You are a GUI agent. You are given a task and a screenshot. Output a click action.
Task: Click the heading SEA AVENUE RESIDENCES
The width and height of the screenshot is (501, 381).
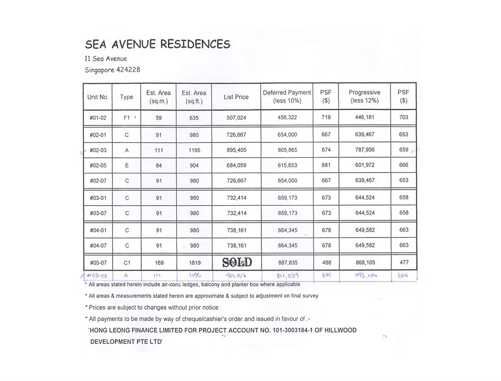coord(158,45)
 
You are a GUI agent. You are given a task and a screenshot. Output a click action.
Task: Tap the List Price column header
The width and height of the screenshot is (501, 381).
coord(236,97)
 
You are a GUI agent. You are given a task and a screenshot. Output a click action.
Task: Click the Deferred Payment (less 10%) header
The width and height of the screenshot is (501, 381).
coord(287,97)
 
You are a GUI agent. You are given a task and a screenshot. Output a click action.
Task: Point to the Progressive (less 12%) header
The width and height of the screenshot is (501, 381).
coord(364,97)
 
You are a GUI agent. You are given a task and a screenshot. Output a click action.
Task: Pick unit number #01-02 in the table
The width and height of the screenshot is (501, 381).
coord(98,117)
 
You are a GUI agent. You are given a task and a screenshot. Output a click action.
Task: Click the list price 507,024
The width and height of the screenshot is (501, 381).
coord(236,117)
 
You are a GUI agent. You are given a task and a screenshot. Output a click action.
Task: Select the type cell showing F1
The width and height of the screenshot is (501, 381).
coord(127,117)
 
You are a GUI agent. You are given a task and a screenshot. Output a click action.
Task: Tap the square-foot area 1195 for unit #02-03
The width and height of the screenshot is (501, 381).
coord(194,150)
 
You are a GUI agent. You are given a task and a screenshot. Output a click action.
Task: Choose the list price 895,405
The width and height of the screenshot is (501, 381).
coord(236,150)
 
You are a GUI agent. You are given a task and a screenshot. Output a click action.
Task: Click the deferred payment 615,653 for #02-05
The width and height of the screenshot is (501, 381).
coord(287,165)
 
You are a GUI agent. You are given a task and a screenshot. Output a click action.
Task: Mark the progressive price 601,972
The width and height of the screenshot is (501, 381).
coord(365,165)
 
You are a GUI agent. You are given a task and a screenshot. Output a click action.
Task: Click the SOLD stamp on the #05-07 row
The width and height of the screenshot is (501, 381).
coord(237,262)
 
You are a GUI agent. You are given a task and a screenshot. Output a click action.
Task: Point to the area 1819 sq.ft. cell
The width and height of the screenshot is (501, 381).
coord(194,263)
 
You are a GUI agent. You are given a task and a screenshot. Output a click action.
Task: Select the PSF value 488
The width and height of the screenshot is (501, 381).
coord(326,263)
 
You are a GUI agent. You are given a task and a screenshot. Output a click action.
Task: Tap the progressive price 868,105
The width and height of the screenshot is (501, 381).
coord(365,263)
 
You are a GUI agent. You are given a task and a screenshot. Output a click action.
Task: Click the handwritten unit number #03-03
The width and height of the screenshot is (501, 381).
coord(97,275)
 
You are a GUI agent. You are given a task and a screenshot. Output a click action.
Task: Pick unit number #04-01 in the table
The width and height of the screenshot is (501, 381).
coord(98,231)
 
